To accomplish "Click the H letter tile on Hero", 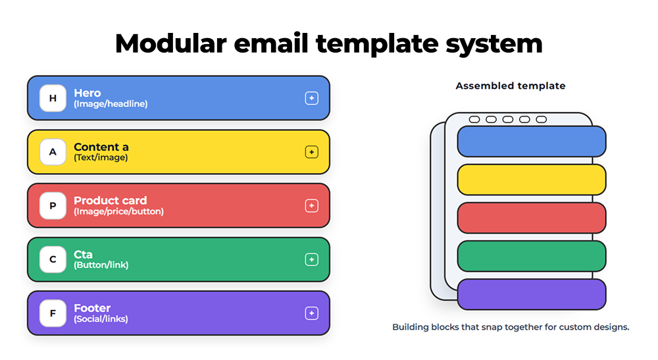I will (x=53, y=98).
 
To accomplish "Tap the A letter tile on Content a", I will (x=53, y=152).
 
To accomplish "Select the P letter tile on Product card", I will (x=53, y=206).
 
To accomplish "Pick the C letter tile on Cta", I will (x=53, y=259).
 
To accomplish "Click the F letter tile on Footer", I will (x=53, y=313).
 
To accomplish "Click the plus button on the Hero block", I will (x=311, y=98).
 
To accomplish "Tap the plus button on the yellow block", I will (x=311, y=152).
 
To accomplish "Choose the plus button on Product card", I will (x=311, y=206).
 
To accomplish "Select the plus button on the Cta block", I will (x=311, y=259).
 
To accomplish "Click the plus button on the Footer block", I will (x=311, y=313).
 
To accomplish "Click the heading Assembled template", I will (x=510, y=86).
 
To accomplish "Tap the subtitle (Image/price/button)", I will (x=118, y=211).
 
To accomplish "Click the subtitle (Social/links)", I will (x=101, y=319).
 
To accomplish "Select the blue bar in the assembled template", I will (x=531, y=141).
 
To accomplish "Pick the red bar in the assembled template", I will (x=531, y=218).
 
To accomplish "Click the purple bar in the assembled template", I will (x=531, y=294).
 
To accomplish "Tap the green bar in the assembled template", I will (x=531, y=256).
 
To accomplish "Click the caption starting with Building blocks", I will (x=511, y=327).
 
